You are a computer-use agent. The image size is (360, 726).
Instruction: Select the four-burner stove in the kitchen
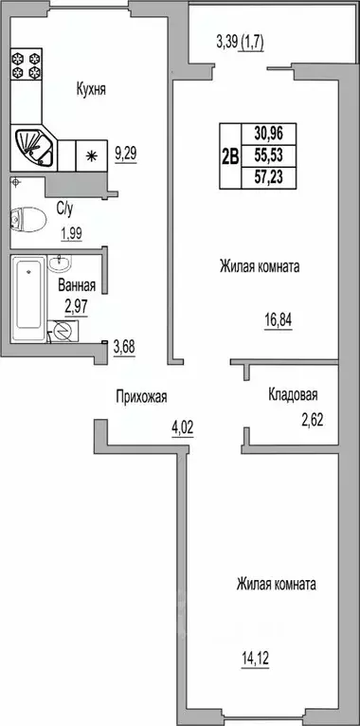pyautogui.click(x=25, y=64)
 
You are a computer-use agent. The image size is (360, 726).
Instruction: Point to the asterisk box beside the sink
pyautogui.click(x=92, y=153)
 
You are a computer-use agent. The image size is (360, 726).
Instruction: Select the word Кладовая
pyautogui.click(x=292, y=396)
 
